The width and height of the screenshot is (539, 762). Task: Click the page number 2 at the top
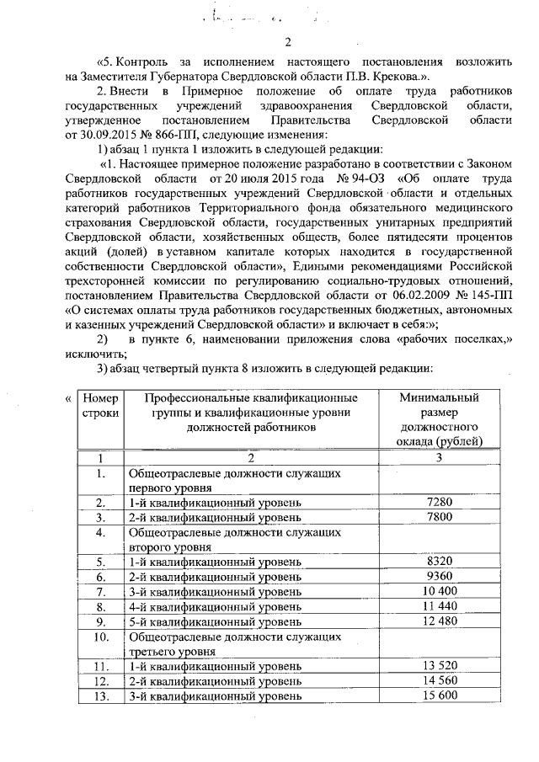[287, 43]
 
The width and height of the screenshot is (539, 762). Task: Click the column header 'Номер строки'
[100, 405]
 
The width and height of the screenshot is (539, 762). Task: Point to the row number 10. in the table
[100, 637]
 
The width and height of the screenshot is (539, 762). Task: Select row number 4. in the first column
[100, 533]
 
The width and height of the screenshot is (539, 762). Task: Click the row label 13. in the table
[100, 696]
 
